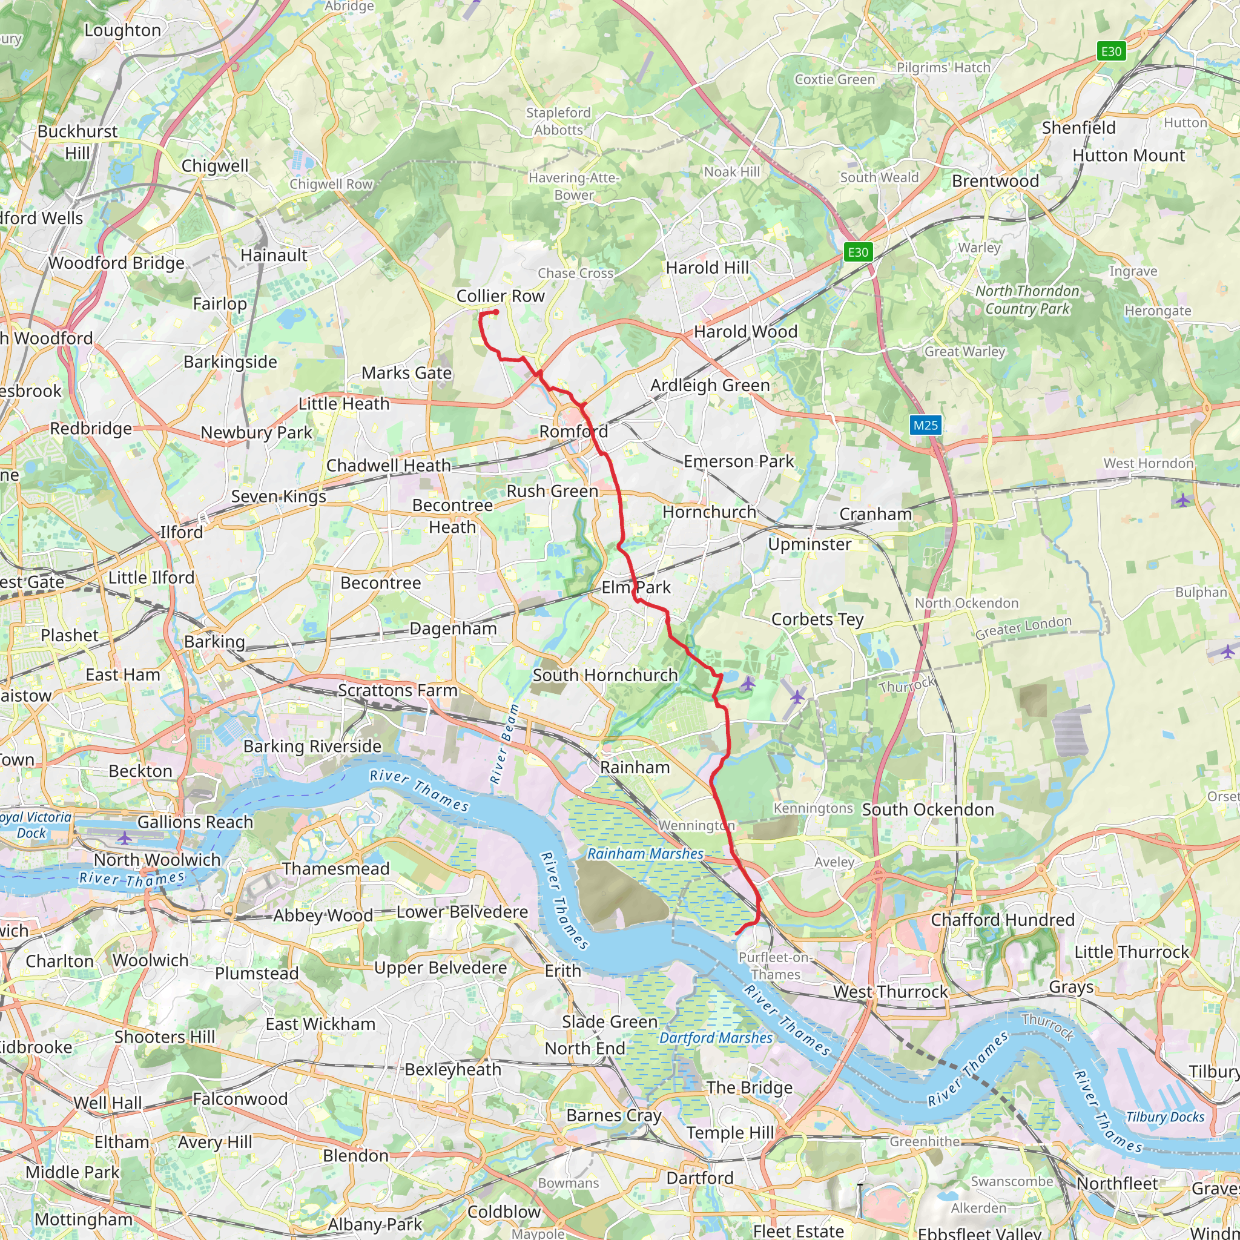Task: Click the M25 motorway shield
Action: (926, 425)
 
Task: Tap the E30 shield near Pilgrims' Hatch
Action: (1111, 51)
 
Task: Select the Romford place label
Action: (573, 431)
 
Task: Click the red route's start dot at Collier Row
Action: (495, 312)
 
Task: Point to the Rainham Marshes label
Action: (645, 854)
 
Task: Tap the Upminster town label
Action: (810, 544)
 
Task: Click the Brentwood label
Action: (995, 181)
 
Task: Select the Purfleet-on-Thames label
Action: (776, 965)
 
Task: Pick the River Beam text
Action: (504, 744)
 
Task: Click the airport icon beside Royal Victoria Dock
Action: (125, 837)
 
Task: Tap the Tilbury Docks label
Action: (1165, 1116)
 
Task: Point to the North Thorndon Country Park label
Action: (1027, 300)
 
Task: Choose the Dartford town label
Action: (699, 1178)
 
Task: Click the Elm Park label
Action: (635, 587)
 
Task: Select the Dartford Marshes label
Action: (716, 1038)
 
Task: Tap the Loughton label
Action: (122, 30)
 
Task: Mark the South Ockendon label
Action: (928, 810)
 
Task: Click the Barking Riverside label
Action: (312, 746)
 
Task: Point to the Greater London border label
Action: (1023, 627)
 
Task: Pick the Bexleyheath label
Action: (452, 1069)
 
